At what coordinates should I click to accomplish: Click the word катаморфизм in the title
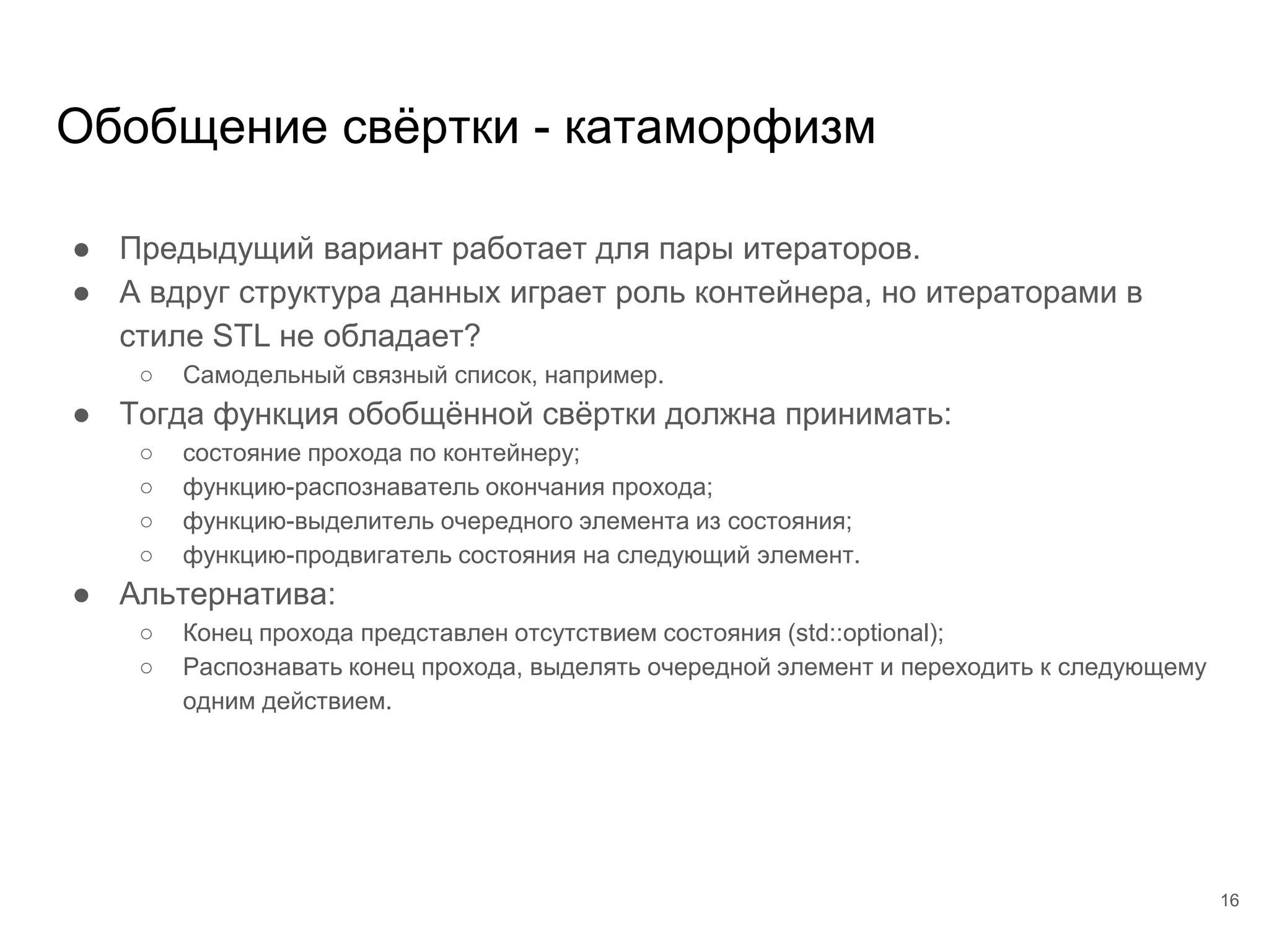(719, 128)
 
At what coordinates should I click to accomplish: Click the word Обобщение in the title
(191, 128)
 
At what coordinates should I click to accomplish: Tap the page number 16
(1229, 901)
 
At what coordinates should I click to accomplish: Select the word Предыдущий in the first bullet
(217, 249)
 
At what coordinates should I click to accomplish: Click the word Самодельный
(263, 375)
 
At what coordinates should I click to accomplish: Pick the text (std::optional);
(865, 633)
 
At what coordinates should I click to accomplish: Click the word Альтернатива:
(227, 594)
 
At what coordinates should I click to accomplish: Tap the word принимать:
(868, 413)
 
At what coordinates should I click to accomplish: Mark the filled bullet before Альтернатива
(82, 596)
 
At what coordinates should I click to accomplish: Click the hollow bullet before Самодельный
(146, 376)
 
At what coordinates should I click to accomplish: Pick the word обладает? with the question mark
(402, 336)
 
